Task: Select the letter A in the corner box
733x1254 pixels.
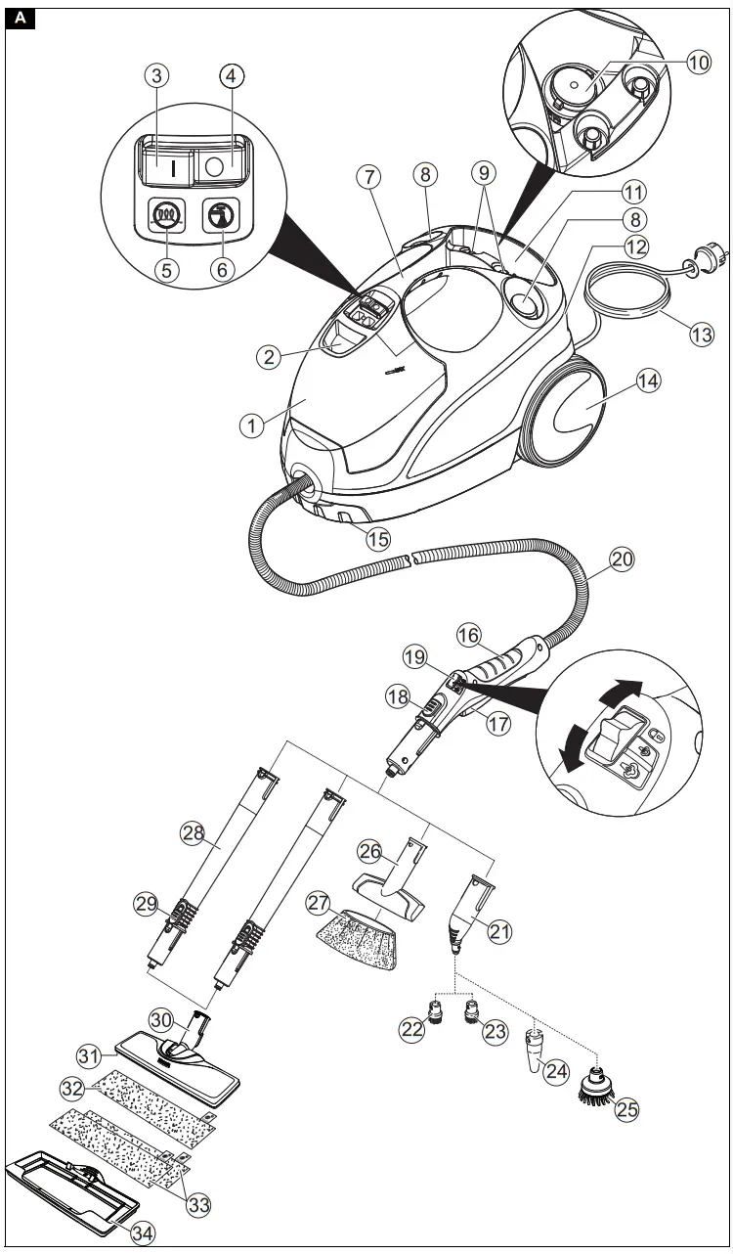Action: tap(22, 18)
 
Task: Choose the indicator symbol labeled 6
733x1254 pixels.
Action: tap(219, 214)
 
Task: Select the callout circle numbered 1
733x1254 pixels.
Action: tap(252, 425)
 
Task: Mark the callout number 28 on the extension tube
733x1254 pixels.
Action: tap(193, 832)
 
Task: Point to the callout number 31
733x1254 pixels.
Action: tap(90, 1054)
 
